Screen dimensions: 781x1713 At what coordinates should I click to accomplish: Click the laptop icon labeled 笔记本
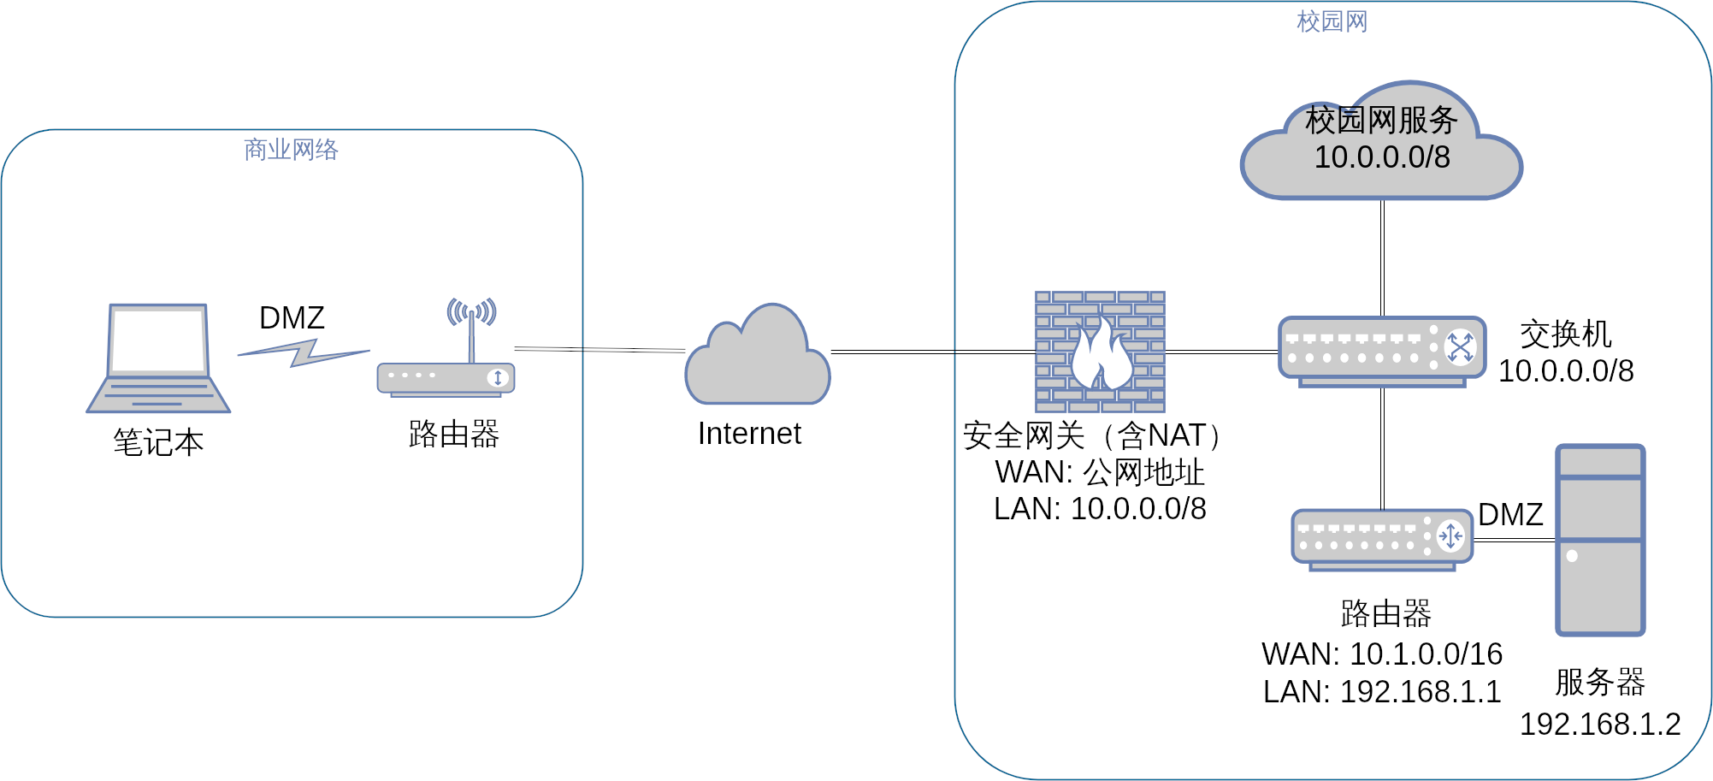[158, 359]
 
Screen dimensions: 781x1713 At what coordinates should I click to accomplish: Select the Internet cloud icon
[758, 359]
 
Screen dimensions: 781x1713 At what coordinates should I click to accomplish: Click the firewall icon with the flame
[1100, 352]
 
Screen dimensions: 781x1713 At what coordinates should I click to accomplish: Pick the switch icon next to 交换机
[1382, 350]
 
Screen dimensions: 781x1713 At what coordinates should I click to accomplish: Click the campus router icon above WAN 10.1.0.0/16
[1382, 538]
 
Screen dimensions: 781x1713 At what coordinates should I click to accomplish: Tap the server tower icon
[1600, 540]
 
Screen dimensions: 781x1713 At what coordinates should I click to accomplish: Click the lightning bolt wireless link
[304, 352]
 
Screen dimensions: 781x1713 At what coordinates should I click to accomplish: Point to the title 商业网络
[292, 150]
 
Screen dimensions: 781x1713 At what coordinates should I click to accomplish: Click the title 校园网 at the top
[1332, 21]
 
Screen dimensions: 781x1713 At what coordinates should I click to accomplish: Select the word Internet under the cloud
[749, 434]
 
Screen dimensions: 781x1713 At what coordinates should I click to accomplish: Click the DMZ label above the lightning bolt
[292, 318]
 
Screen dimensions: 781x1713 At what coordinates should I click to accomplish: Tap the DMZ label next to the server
[1510, 514]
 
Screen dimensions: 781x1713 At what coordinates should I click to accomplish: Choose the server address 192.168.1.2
[1600, 725]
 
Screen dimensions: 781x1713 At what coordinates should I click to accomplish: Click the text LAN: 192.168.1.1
[1382, 692]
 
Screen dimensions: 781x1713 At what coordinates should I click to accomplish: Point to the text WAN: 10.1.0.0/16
[1382, 654]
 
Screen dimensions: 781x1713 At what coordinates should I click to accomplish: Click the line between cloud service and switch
[1382, 257]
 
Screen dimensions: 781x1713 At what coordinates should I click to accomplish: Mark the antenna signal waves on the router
[471, 311]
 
